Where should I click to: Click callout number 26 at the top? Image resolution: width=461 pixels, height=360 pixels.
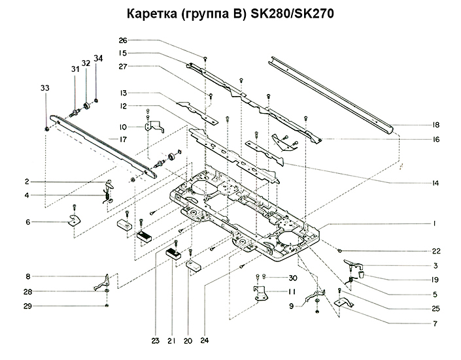point(123,41)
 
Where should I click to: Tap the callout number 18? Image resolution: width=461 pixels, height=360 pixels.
point(435,124)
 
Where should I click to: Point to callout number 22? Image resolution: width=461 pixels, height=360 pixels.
point(435,251)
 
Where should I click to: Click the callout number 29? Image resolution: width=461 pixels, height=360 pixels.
point(28,306)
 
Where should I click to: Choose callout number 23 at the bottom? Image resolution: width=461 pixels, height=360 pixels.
point(156,339)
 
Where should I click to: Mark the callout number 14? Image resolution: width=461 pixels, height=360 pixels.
point(435,183)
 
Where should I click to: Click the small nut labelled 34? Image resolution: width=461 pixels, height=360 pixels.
point(96,100)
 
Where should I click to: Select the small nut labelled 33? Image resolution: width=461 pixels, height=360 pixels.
point(48,128)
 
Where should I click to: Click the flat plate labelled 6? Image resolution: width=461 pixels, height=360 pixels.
point(74,220)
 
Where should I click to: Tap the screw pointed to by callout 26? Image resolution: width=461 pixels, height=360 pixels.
point(205,58)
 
